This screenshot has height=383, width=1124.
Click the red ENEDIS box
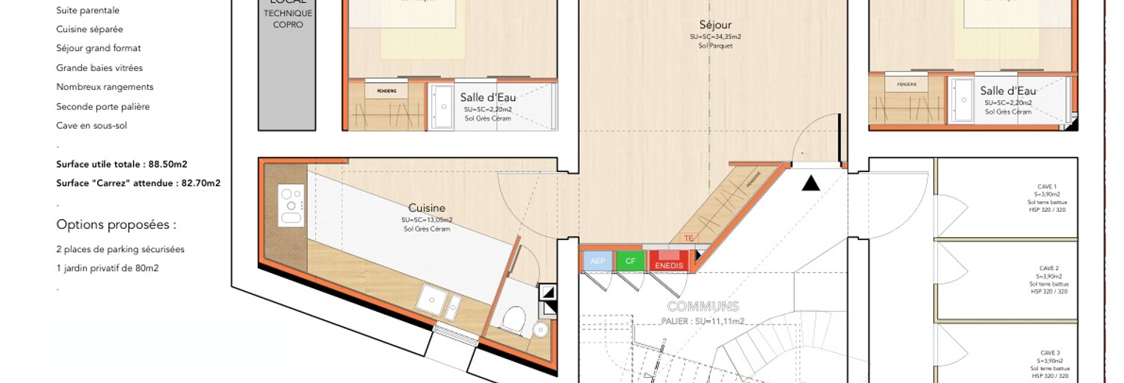point(669,262)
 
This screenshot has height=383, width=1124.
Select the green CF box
point(630,261)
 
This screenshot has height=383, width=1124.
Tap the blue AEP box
point(597,261)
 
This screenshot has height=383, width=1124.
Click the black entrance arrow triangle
point(811,183)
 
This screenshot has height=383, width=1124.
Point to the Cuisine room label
point(427,208)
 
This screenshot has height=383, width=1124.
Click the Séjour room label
point(715,25)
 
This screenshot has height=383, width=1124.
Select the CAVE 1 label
point(1048,187)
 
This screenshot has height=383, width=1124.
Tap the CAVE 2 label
point(1048,268)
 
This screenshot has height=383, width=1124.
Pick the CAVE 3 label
point(1049,352)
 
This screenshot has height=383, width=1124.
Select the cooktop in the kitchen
point(291,206)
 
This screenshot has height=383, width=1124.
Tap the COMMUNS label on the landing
point(702,307)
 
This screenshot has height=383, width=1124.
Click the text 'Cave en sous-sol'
point(91,125)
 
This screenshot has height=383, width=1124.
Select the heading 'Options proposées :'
point(116,224)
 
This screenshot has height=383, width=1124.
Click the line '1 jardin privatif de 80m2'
point(107,268)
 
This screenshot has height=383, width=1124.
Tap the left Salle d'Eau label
point(487,97)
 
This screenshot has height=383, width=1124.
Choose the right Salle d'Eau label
point(1008,91)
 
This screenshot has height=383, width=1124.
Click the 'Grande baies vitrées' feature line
point(99,67)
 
